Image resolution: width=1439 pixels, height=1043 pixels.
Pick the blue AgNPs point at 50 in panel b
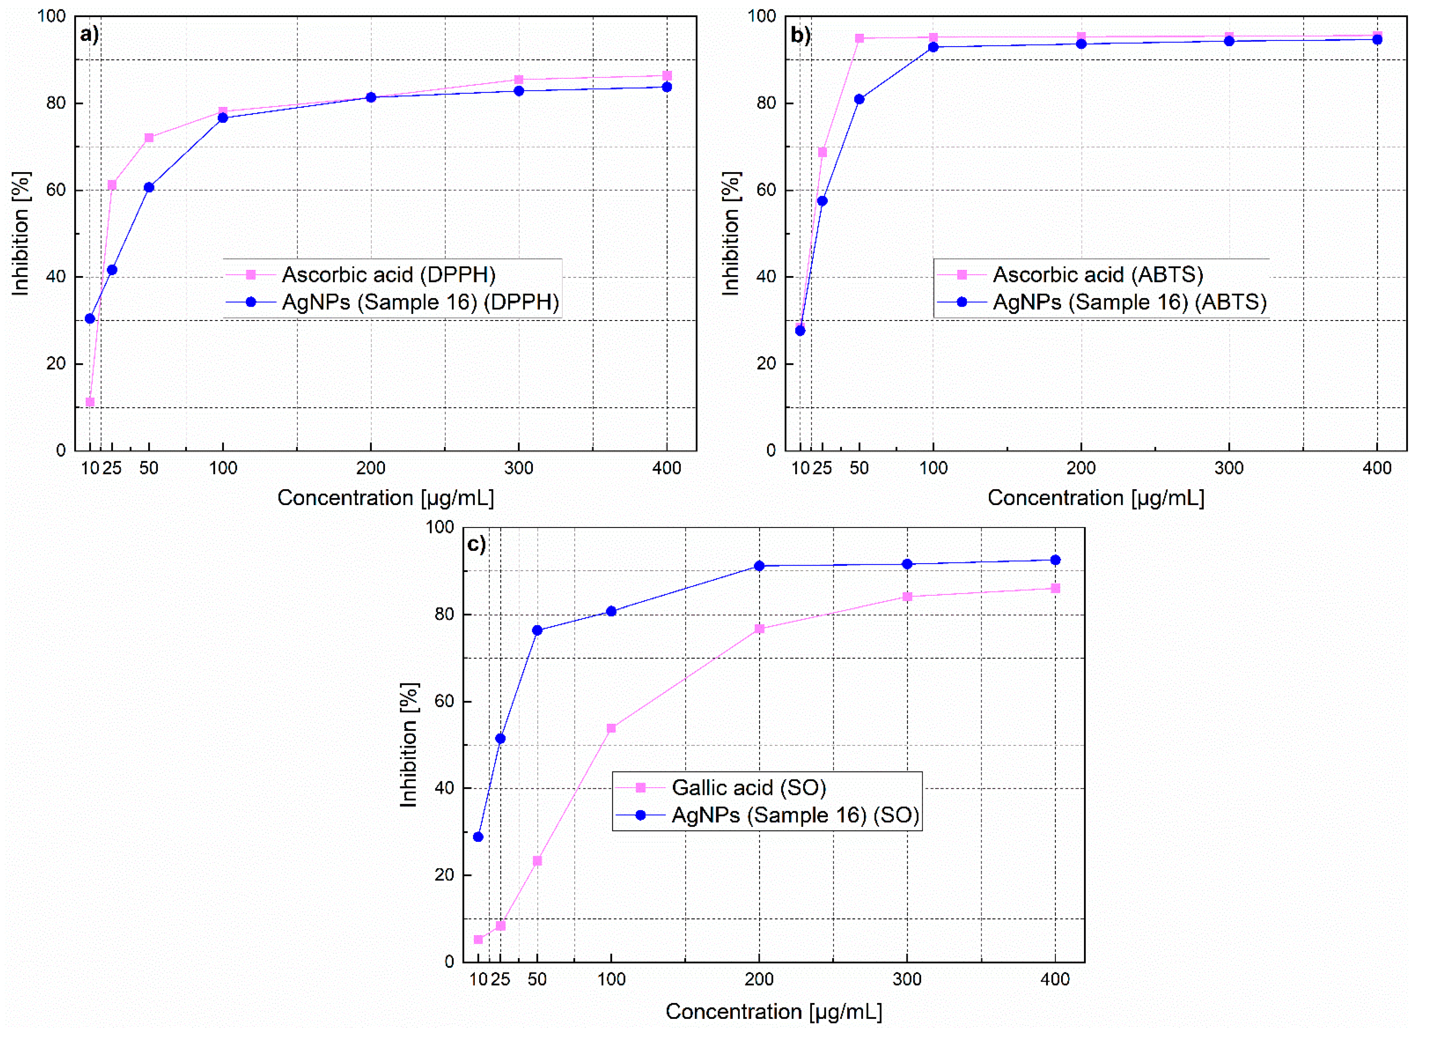[859, 99]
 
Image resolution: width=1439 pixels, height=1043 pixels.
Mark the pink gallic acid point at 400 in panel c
[1055, 588]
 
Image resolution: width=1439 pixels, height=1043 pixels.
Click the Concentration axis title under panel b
[1096, 498]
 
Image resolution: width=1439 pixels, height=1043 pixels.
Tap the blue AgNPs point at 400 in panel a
[667, 87]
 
